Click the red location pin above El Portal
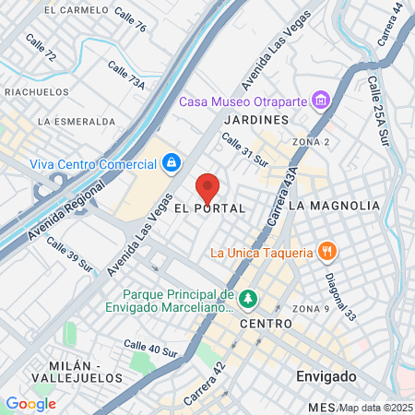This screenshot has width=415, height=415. pyautogui.click(x=208, y=187)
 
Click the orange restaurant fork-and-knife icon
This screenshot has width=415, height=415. pyautogui.click(x=326, y=251)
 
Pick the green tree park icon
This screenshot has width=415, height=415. pyautogui.click(x=247, y=300)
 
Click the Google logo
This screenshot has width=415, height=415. pyautogui.click(x=30, y=403)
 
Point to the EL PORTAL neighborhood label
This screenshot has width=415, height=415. pyautogui.click(x=209, y=209)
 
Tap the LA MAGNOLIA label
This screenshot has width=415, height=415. pyautogui.click(x=334, y=205)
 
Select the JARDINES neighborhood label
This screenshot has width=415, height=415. pyautogui.click(x=256, y=120)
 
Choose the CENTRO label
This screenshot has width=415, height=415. pyautogui.click(x=266, y=324)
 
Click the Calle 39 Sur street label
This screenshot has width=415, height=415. pyautogui.click(x=70, y=255)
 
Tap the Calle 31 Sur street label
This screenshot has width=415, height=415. pyautogui.click(x=245, y=149)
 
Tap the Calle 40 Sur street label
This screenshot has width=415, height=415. pyautogui.click(x=150, y=349)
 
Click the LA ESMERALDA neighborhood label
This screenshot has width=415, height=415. pyautogui.click(x=77, y=121)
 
